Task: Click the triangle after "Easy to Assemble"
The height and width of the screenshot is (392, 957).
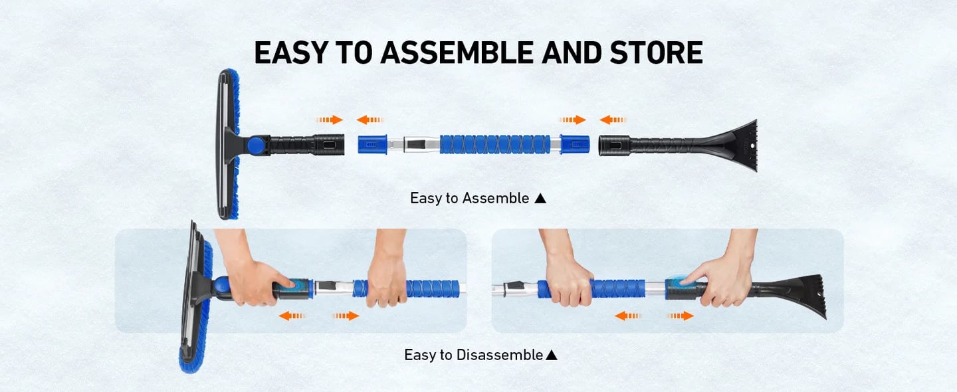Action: pyautogui.click(x=540, y=198)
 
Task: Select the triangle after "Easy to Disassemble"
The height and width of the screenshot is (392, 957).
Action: pyautogui.click(x=551, y=355)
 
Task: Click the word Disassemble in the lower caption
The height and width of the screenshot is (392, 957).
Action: pyautogui.click(x=499, y=355)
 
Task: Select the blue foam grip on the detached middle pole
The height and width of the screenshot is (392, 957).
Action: pyautogui.click(x=494, y=144)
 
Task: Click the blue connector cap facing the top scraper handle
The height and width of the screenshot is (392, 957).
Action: pyautogui.click(x=575, y=144)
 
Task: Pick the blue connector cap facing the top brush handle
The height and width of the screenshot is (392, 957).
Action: pyautogui.click(x=372, y=144)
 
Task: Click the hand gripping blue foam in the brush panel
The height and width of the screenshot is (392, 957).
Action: pyautogui.click(x=387, y=276)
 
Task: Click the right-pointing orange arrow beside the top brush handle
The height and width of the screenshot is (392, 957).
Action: pyautogui.click(x=329, y=120)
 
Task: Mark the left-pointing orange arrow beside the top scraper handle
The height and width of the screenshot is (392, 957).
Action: pyautogui.click(x=613, y=120)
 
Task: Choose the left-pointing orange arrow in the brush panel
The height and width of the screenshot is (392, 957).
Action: pyautogui.click(x=292, y=316)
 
